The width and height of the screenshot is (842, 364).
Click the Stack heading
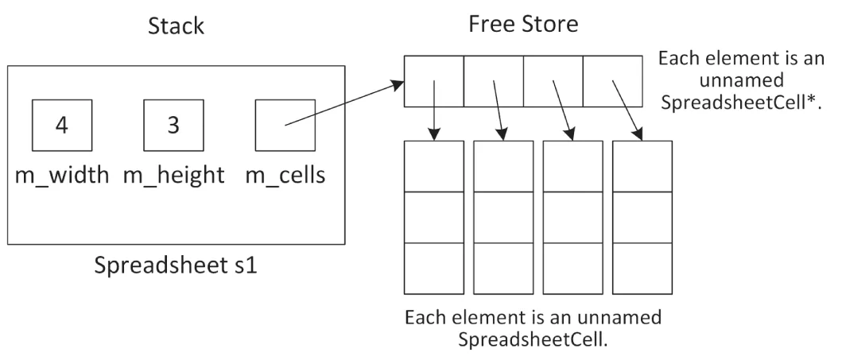click(177, 26)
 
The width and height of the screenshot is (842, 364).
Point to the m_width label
click(62, 176)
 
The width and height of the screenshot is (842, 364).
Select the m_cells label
click(285, 176)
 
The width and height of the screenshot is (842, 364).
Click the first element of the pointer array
click(434, 81)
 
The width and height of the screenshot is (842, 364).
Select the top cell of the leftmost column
click(434, 166)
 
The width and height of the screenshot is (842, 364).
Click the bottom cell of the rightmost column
click(642, 269)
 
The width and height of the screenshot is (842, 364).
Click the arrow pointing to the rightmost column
click(626, 107)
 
